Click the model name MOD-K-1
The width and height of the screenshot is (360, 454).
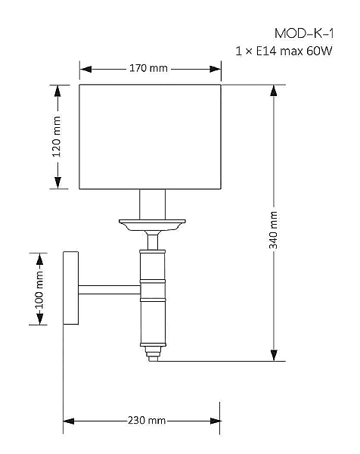304,33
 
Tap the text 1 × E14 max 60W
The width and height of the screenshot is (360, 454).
284,51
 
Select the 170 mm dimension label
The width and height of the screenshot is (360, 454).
148,68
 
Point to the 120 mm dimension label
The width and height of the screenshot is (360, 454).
57,136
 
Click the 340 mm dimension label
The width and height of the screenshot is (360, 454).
273,230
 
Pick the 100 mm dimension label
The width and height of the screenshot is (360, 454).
39,291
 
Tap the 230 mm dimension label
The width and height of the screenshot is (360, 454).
147,420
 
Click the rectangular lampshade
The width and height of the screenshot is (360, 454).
151,137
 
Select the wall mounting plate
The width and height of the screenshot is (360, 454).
71,288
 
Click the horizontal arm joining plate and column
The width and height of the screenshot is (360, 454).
110,290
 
